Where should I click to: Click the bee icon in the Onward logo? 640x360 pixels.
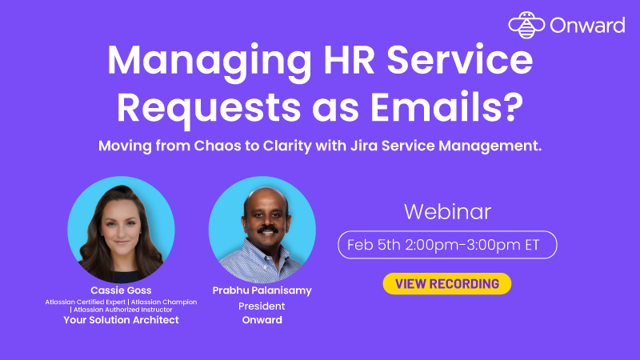pyautogui.click(x=526, y=25)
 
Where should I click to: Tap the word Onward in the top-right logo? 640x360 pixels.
pyautogui.click(x=587, y=26)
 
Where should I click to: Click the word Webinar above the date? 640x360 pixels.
pyautogui.click(x=447, y=212)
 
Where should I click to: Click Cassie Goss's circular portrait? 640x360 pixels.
pyautogui.click(x=121, y=229)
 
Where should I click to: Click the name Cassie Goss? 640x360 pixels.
pyautogui.click(x=122, y=290)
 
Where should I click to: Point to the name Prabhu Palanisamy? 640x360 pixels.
pyautogui.click(x=261, y=290)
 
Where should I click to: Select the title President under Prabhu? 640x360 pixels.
pyautogui.click(x=262, y=306)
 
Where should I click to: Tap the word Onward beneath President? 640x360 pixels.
pyautogui.click(x=262, y=321)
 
